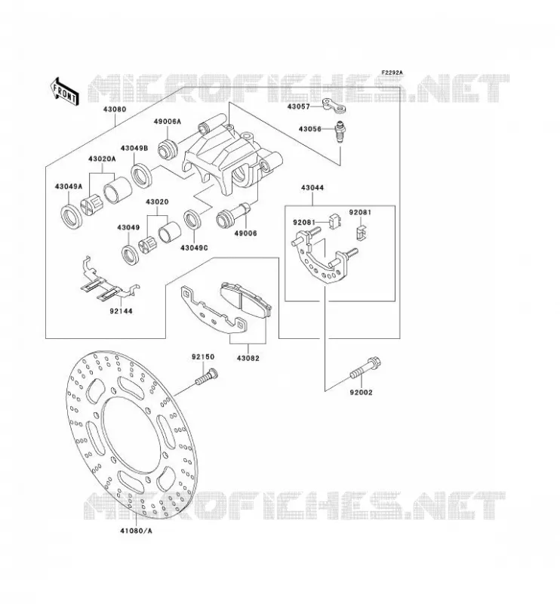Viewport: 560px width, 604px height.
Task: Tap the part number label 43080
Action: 115,109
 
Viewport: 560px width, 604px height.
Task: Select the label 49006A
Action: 167,122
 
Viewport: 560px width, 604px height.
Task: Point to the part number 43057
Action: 298,106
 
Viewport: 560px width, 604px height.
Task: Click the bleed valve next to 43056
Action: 340,131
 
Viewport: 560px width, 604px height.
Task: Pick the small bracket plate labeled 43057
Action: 334,106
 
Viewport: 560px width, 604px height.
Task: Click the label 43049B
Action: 134,148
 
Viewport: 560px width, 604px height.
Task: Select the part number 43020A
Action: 102,159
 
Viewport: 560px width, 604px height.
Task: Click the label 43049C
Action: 194,248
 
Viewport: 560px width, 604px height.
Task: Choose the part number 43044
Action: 312,188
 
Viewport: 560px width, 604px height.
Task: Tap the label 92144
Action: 121,310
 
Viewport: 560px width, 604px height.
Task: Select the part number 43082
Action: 248,358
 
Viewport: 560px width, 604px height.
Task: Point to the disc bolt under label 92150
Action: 207,376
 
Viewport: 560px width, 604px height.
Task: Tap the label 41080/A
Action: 136,531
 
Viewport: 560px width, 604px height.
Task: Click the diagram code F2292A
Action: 392,72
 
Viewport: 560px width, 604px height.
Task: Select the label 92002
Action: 361,393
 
